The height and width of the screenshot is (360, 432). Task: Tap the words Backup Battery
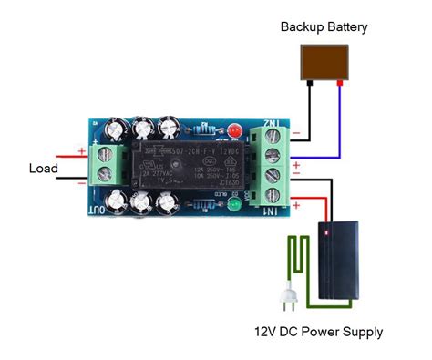(x=324, y=27)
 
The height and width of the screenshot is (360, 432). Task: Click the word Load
(x=43, y=169)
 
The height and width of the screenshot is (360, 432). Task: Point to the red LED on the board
(x=235, y=128)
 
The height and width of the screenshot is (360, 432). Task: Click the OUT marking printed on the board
(x=95, y=207)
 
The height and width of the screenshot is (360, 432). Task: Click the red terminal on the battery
(x=340, y=81)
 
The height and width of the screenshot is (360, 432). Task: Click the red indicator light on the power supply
(x=324, y=234)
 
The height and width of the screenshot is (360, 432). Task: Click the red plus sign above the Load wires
(x=82, y=150)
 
